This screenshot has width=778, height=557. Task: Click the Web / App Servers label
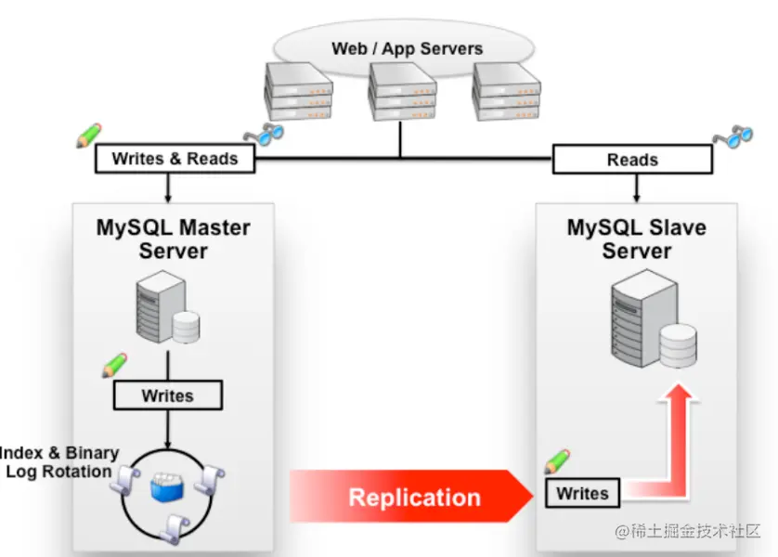click(x=407, y=48)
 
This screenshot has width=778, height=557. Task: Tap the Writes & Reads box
click(x=175, y=159)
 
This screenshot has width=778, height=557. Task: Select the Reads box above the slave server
click(x=632, y=160)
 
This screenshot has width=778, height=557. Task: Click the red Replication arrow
click(x=412, y=496)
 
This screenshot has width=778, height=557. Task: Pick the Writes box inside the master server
click(x=168, y=395)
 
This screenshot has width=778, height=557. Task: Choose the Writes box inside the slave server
click(x=582, y=493)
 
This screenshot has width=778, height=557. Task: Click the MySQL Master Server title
click(x=174, y=240)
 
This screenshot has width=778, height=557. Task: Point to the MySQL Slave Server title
click(x=637, y=240)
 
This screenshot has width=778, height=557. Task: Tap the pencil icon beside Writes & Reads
click(x=89, y=136)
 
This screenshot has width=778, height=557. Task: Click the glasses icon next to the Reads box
click(x=733, y=136)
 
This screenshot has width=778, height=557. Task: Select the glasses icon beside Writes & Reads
click(x=264, y=134)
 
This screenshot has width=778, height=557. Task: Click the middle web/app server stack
click(x=402, y=91)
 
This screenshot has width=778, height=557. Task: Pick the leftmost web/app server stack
click(x=298, y=91)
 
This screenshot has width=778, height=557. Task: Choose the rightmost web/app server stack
click(x=506, y=92)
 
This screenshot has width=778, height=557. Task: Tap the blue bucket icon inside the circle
click(x=167, y=487)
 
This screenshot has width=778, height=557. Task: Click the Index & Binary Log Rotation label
click(x=59, y=461)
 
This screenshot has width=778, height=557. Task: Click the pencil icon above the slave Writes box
click(x=557, y=461)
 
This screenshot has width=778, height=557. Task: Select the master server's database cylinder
click(x=186, y=327)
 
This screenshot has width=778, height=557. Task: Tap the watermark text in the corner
click(x=688, y=531)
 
